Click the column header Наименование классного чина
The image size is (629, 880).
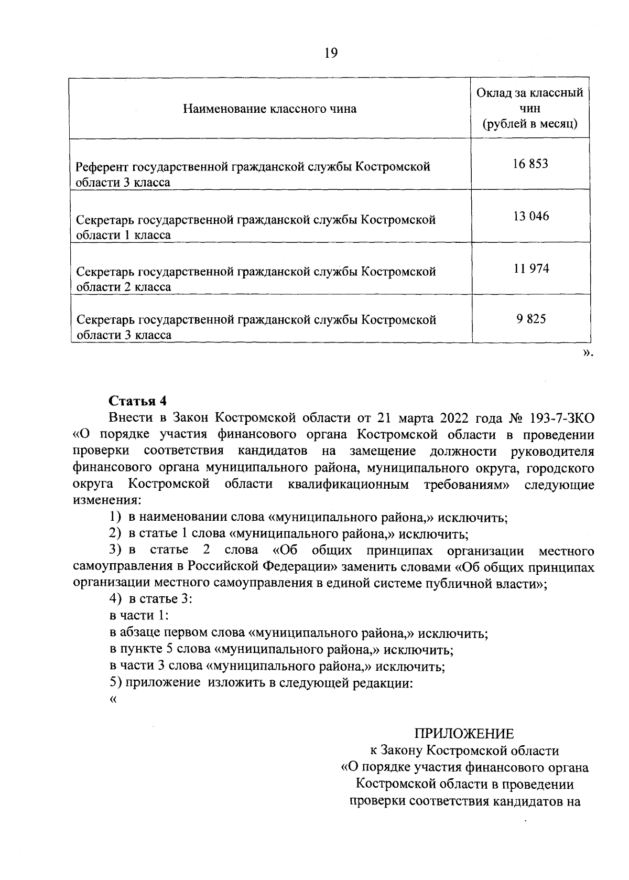point(270,109)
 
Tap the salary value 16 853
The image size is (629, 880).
point(530,164)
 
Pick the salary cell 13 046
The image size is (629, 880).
point(531,217)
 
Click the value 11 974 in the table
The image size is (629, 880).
point(531,269)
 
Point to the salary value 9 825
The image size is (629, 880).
point(531,319)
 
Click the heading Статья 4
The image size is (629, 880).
point(137,401)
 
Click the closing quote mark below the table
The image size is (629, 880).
point(588,353)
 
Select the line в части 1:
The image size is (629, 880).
point(139,616)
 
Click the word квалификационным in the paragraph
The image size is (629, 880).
point(348,484)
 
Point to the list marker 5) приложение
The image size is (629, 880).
point(115,683)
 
